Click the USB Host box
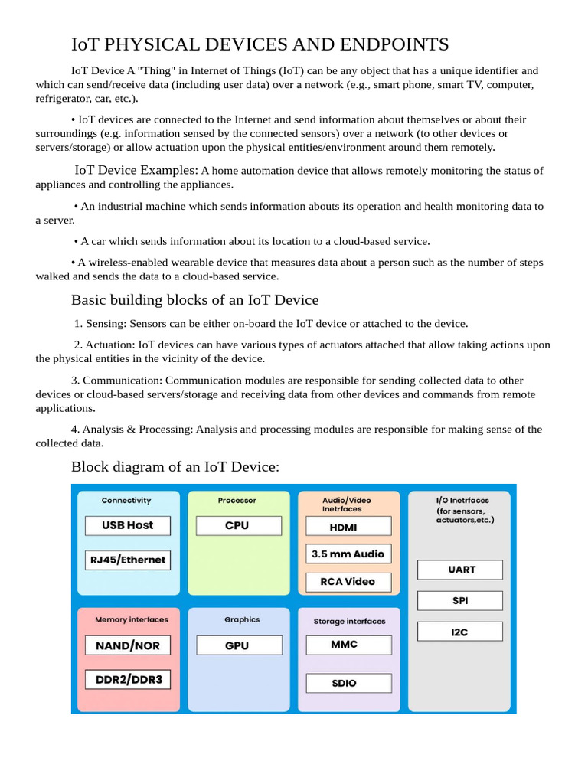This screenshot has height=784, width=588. tap(128, 526)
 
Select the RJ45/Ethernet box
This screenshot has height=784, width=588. tap(128, 560)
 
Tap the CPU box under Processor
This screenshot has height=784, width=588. tap(238, 526)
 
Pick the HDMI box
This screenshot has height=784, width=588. tap(348, 527)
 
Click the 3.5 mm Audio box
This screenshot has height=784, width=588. tap(348, 554)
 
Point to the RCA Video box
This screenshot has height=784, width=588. tap(348, 581)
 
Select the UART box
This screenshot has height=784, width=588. tap(460, 570)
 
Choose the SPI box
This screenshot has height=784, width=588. tap(460, 601)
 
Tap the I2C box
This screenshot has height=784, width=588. tap(460, 632)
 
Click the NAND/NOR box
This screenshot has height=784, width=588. tap(128, 645)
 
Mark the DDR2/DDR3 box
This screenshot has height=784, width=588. tap(128, 679)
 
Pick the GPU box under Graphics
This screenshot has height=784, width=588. tap(238, 645)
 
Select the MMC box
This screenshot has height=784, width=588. tap(348, 645)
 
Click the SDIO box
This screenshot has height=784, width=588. tap(348, 683)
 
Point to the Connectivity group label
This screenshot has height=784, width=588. tap(126, 501)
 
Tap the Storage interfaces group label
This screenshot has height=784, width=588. tap(349, 622)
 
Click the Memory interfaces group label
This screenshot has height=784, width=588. tap(131, 619)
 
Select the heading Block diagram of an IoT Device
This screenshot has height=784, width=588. tap(175, 466)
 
